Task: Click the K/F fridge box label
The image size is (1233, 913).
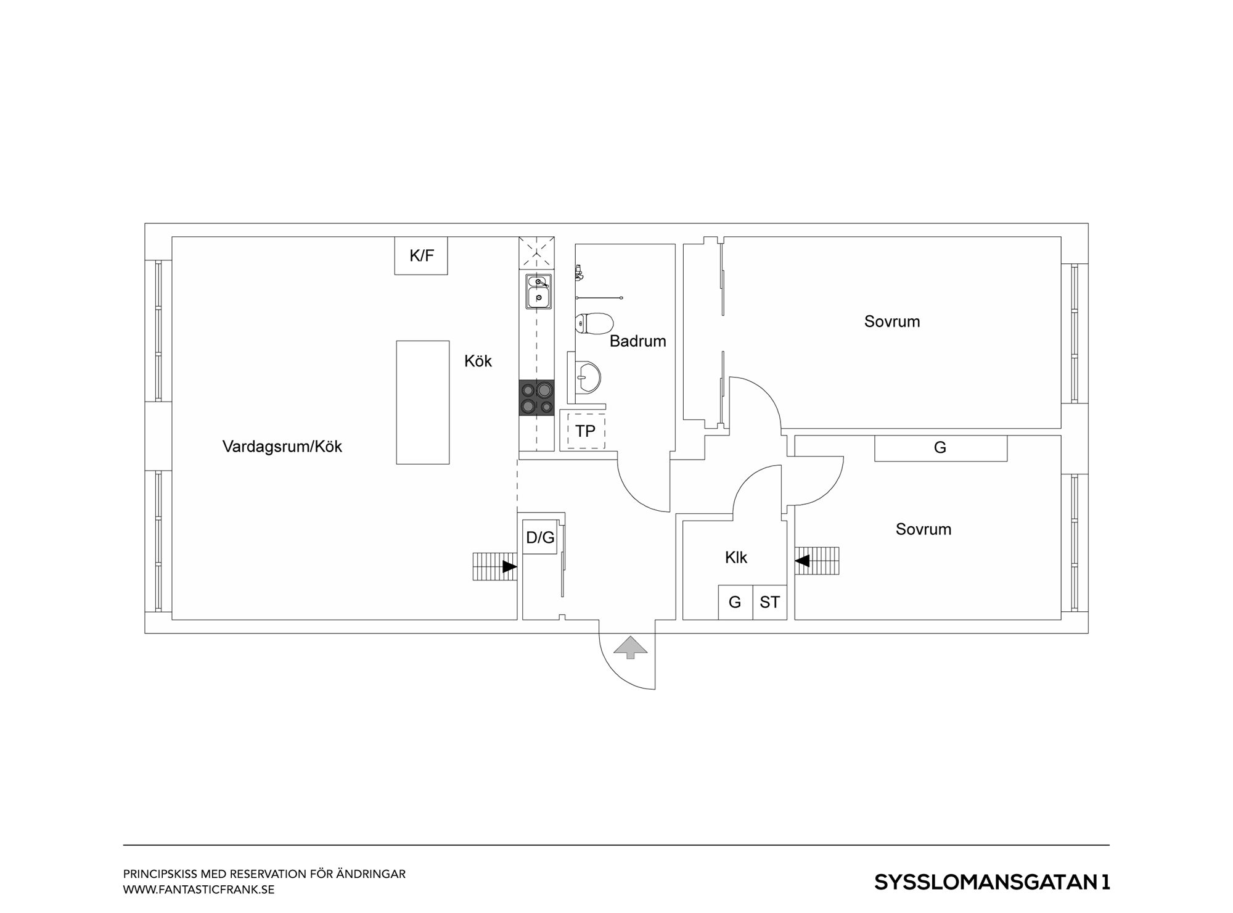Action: pyautogui.click(x=422, y=255)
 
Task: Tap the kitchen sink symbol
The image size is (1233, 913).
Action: pyautogui.click(x=538, y=291)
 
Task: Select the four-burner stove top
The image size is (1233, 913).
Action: pyautogui.click(x=536, y=398)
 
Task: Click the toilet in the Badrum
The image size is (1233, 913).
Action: pyautogui.click(x=594, y=323)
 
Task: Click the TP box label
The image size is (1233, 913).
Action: pyautogui.click(x=585, y=431)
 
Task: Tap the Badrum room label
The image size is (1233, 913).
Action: pyautogui.click(x=638, y=341)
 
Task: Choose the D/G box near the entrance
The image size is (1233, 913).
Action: pyautogui.click(x=540, y=537)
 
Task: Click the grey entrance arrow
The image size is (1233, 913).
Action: pyautogui.click(x=631, y=647)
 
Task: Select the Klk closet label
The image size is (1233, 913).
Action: pyautogui.click(x=736, y=558)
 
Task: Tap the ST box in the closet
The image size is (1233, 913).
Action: pyautogui.click(x=769, y=602)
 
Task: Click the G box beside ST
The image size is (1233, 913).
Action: pyautogui.click(x=735, y=602)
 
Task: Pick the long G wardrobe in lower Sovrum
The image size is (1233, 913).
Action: pyautogui.click(x=941, y=448)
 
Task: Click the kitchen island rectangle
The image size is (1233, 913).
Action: pyautogui.click(x=423, y=402)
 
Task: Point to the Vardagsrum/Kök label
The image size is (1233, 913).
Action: pyautogui.click(x=282, y=447)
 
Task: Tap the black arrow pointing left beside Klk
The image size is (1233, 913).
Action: pyautogui.click(x=802, y=561)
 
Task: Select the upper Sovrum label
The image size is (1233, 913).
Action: pyautogui.click(x=892, y=321)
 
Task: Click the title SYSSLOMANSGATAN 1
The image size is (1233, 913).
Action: pyautogui.click(x=992, y=882)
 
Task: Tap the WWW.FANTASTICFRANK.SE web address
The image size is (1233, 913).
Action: pyautogui.click(x=199, y=890)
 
